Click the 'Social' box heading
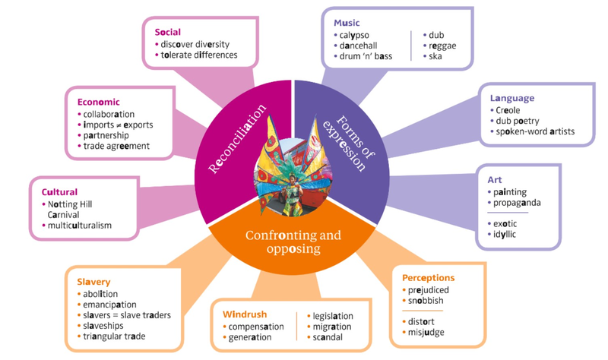(x=168, y=32)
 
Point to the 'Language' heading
(x=512, y=98)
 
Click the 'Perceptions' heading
(x=429, y=278)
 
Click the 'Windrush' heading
(x=244, y=314)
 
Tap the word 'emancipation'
(x=111, y=305)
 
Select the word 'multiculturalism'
(x=79, y=225)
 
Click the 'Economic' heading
(x=99, y=102)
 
